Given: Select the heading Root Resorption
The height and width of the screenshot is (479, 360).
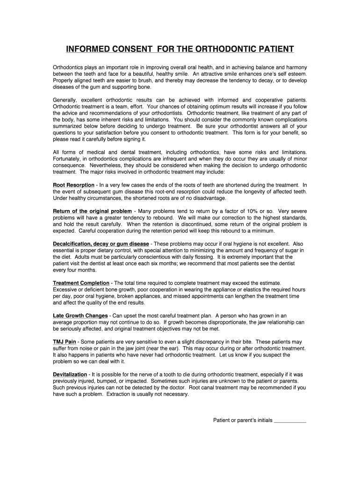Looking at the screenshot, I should click(x=73, y=185).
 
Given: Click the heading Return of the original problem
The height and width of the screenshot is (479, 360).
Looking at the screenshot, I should click(x=92, y=211).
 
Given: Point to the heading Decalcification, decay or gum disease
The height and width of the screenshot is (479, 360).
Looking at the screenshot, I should click(x=101, y=244).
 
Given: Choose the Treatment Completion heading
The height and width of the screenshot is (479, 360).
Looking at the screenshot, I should click(x=81, y=283).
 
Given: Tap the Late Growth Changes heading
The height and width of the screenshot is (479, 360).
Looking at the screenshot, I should click(x=80, y=316).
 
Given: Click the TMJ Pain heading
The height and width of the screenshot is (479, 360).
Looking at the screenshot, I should click(x=65, y=342).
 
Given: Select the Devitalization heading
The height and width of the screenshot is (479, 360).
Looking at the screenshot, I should click(x=70, y=375).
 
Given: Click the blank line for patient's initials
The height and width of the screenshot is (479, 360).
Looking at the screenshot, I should click(x=290, y=421).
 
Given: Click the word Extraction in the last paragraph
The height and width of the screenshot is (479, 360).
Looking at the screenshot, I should click(x=119, y=394).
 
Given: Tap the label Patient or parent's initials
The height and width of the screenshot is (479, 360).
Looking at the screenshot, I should click(x=243, y=421).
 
